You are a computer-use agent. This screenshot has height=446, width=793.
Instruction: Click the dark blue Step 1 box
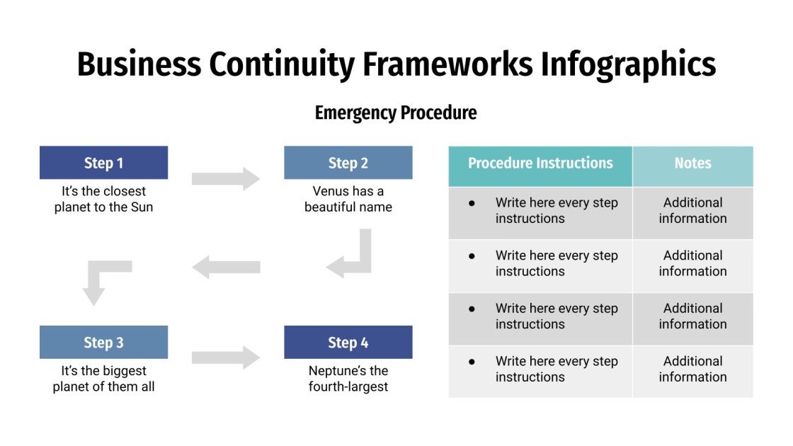pos(103,163)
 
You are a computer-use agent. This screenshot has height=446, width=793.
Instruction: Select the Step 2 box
pos(348,163)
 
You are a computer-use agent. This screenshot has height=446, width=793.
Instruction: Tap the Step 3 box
pos(103,343)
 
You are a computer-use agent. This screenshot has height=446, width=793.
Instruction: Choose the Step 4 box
pos(348,343)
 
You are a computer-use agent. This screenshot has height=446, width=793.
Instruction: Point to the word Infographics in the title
pos(628,64)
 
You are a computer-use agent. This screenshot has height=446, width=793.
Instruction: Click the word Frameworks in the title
pos(447,64)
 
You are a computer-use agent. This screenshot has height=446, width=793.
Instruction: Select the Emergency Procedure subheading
pos(396,113)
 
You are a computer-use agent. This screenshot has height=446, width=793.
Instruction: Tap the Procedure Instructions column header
pos(540,163)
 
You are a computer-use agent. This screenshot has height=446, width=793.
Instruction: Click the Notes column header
pos(692,163)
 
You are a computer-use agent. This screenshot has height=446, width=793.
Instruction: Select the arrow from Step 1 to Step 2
pos(226,178)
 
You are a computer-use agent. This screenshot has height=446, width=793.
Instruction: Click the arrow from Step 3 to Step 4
pos(226,358)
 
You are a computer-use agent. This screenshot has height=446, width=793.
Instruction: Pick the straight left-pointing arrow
pos(226,268)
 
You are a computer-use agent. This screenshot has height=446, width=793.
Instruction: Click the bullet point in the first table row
pos(472,203)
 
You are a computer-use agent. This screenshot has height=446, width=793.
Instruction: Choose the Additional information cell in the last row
pos(692,369)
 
